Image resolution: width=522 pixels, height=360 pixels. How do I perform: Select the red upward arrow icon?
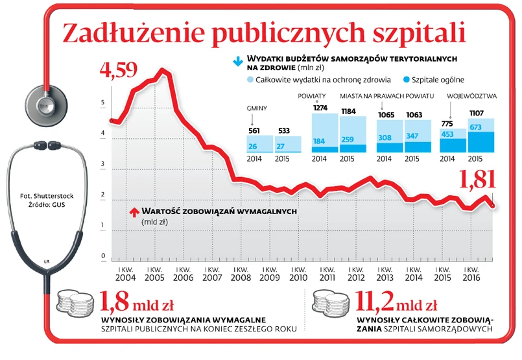134,211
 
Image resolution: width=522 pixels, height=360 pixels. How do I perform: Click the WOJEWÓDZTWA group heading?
472,95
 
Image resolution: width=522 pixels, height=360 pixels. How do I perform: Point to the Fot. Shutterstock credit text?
47,195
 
